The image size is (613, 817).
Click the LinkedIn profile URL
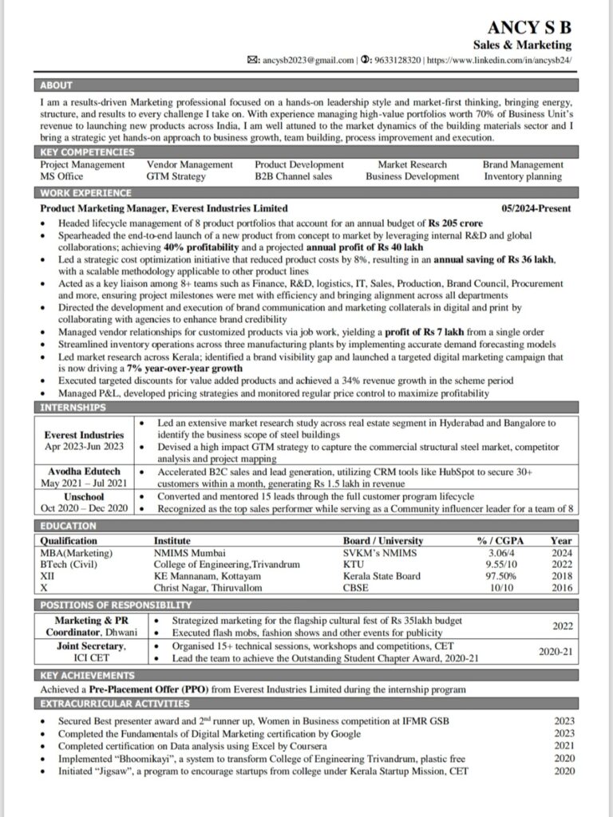pos(500,60)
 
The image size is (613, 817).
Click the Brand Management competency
pos(523,164)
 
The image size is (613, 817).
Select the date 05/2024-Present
pos(536,207)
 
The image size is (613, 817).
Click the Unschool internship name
pos(84,496)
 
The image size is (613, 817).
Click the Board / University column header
pos(383,540)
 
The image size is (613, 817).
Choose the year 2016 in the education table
pos(561,587)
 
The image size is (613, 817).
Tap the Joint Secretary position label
pos(91,646)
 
